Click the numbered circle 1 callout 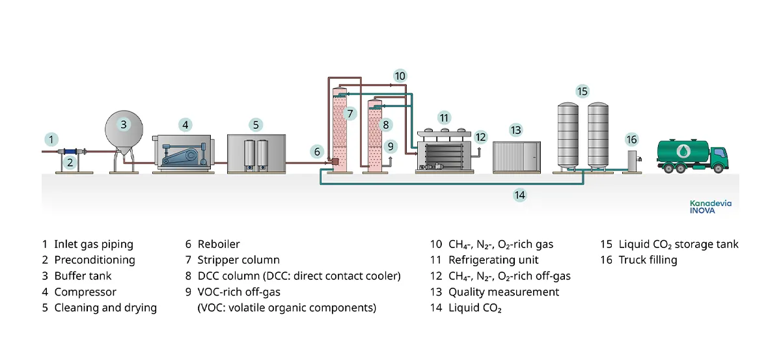51,139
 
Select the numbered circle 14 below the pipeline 519,194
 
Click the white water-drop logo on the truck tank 683,151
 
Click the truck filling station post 632,160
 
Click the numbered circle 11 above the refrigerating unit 444,118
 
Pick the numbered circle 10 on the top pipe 400,76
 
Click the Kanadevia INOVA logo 710,207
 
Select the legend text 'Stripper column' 238,260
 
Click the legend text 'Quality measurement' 504,292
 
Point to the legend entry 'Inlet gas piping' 94,245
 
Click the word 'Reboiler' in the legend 219,245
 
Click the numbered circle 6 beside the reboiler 317,152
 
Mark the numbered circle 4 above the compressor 185,124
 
